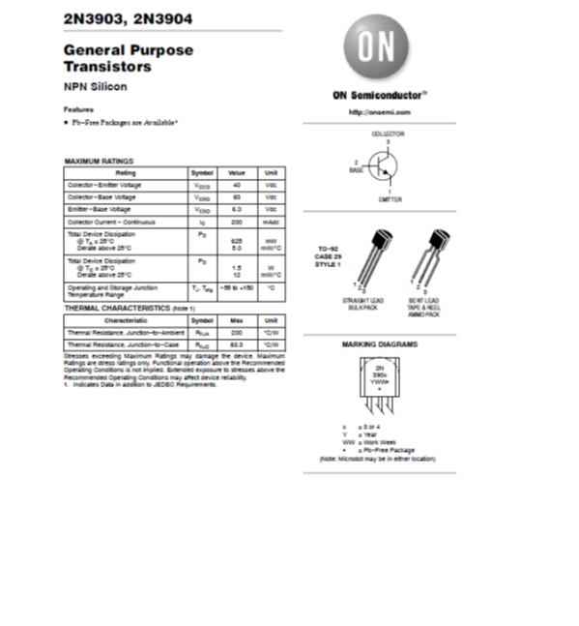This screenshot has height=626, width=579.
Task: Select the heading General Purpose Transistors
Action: [128, 58]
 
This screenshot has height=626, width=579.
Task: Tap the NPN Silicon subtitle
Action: [95, 86]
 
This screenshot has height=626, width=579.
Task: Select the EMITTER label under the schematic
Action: [390, 199]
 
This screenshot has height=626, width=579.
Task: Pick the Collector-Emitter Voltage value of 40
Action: [236, 185]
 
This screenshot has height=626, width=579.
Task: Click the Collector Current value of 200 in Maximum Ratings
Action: [236, 223]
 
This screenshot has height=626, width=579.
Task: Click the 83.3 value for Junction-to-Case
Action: [236, 343]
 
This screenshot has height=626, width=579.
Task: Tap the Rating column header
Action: [125, 172]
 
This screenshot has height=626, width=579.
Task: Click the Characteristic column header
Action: [125, 319]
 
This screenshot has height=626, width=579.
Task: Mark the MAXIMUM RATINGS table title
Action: [98, 161]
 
